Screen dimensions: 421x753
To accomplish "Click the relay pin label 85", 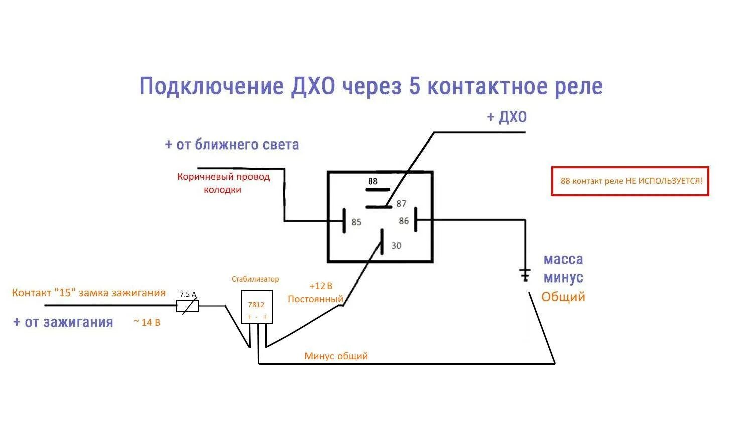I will (356, 222).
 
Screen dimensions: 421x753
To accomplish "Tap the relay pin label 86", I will (404, 221).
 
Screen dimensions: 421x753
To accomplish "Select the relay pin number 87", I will (401, 203).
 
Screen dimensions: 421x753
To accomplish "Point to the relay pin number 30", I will (396, 245).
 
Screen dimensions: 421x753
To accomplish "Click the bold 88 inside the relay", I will (372, 181).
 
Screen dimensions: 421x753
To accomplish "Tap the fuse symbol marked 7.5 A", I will (188, 306).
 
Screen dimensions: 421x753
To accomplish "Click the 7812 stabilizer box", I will (257, 306).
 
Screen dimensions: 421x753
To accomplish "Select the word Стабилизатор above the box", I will (255, 279).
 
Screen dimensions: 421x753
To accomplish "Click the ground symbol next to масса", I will (525, 274).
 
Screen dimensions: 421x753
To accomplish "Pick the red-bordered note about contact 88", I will (630, 181).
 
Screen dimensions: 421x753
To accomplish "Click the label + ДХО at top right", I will (507, 117).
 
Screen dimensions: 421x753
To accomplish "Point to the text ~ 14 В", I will (147, 322).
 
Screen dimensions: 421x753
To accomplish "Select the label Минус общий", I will (336, 356).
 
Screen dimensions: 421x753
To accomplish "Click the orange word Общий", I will (563, 297).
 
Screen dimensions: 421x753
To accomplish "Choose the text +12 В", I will (321, 286).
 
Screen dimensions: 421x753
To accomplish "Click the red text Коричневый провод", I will (223, 177).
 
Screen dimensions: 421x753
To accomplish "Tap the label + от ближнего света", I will (232, 145).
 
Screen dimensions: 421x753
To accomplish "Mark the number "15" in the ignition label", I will (66, 293).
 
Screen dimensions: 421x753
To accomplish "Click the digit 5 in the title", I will (414, 86).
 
